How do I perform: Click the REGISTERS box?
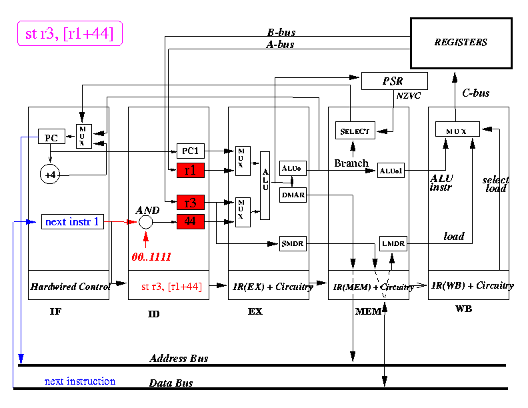click(x=461, y=43)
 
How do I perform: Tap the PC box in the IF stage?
click(x=51, y=138)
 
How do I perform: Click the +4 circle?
click(x=51, y=175)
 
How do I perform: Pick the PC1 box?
click(x=190, y=151)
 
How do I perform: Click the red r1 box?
click(x=190, y=170)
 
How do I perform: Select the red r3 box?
click(x=190, y=203)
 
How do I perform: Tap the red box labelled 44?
click(x=190, y=221)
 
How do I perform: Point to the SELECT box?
click(x=354, y=131)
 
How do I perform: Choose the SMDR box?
click(x=292, y=245)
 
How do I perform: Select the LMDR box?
click(x=393, y=245)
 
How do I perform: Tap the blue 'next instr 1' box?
click(x=73, y=221)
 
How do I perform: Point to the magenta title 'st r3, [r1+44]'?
click(x=70, y=33)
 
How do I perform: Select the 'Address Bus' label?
click(x=179, y=359)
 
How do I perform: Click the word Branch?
click(x=351, y=163)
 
